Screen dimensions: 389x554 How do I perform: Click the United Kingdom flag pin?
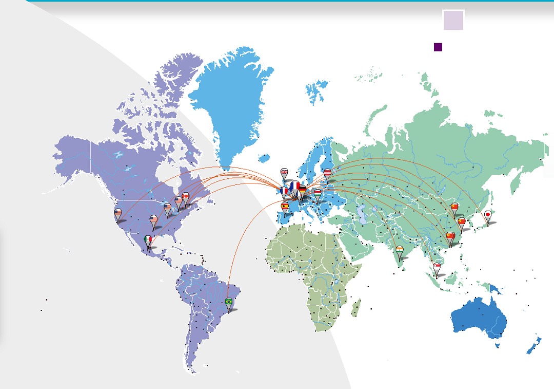click(x=285, y=172)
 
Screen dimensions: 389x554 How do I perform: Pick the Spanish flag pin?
click(x=285, y=207)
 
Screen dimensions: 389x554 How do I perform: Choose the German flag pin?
click(x=303, y=191)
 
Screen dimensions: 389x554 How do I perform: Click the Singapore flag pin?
click(x=437, y=267)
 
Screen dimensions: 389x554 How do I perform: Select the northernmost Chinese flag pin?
click(x=454, y=207)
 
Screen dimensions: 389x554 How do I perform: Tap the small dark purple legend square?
click(x=438, y=47)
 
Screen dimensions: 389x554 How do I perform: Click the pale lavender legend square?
click(x=453, y=20)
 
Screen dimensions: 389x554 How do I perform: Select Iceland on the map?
click(x=265, y=157)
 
